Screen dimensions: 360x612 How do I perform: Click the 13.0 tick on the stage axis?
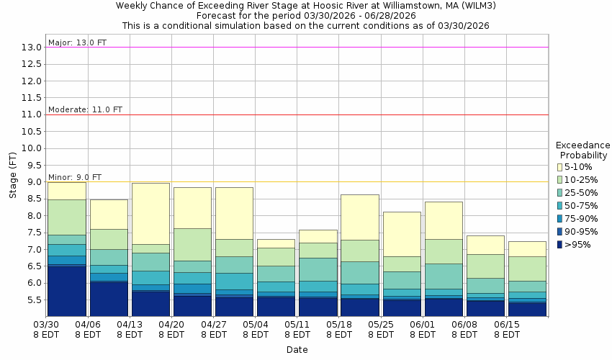pos(31,48)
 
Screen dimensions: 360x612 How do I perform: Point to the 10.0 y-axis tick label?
pos(31,148)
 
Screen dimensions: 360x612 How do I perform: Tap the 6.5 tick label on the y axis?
pos(33,266)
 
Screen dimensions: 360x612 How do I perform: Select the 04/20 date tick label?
pos(171,325)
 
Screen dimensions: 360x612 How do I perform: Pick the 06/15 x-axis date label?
pos(506,325)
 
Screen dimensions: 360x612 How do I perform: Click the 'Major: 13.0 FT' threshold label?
pos(77,42)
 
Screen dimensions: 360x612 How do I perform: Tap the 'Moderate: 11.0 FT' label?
pos(85,109)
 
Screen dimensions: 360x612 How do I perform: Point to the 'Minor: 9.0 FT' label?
pos(75,177)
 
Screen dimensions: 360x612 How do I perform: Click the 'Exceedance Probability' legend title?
pos(583,150)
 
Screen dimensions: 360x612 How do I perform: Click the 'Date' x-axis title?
pos(297,350)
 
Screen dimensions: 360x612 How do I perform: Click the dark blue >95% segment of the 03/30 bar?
pos(66,291)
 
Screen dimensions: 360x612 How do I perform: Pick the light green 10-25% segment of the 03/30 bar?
pos(66,217)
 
